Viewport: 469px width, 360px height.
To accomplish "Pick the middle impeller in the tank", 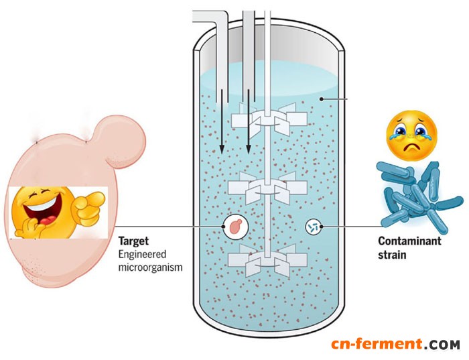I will [x=267, y=189].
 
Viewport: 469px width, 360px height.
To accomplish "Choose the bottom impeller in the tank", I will [x=267, y=263].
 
